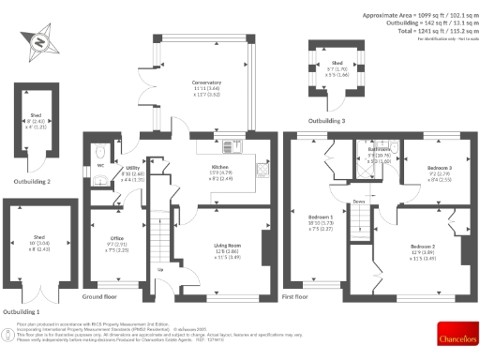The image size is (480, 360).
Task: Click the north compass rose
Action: coord(37,41)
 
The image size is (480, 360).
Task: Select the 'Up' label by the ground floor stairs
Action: coord(159,271)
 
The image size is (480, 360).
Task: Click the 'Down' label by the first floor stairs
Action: coord(359,201)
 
